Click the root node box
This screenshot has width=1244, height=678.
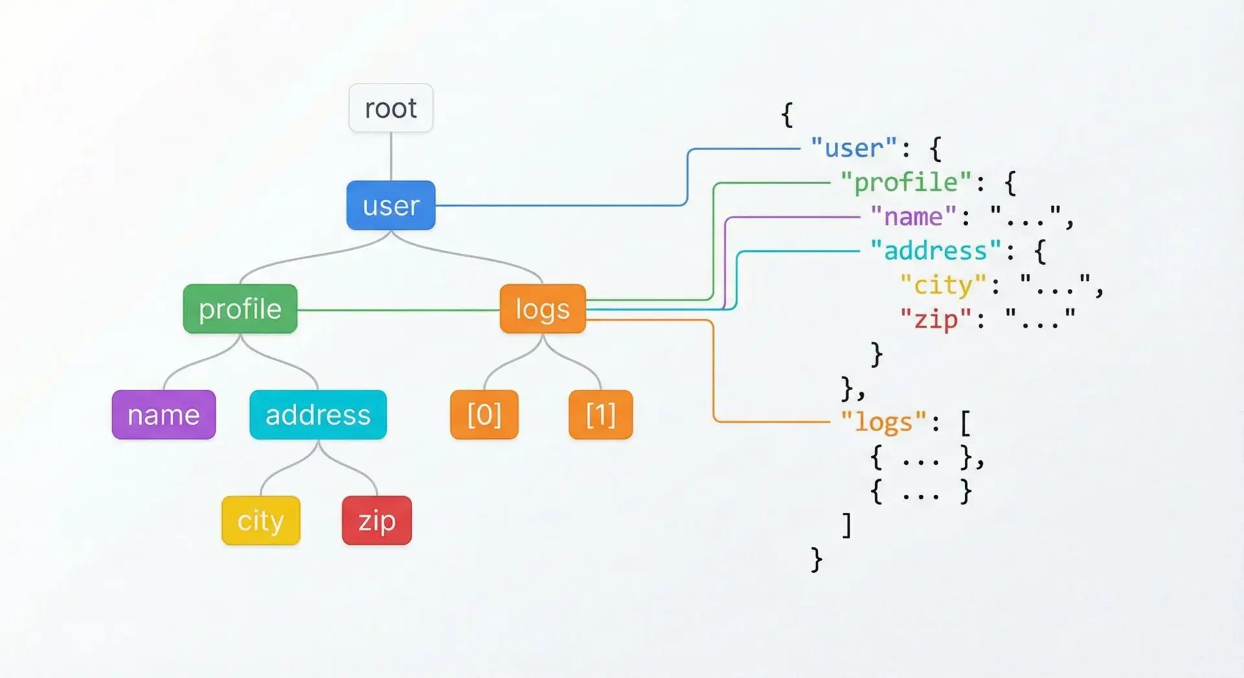point(391,108)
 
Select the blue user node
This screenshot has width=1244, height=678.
point(391,205)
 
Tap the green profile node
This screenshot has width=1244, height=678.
point(240,309)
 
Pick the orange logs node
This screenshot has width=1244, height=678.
point(542,309)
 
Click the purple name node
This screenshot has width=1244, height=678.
point(163,414)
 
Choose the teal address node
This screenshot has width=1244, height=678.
point(317,414)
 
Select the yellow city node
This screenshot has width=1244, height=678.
point(260,520)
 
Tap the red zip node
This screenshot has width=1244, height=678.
point(376,520)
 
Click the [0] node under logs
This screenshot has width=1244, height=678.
point(484,414)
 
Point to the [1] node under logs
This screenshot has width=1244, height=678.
point(601,414)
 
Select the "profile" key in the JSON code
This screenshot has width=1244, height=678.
point(906,183)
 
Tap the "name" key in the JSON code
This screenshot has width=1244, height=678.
point(913,216)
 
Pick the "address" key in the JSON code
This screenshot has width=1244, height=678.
point(935,251)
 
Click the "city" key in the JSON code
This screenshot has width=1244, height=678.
point(943,285)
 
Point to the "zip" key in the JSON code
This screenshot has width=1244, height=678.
point(935,319)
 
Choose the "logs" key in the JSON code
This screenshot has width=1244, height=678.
point(884,422)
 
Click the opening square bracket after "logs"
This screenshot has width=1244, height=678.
point(965,424)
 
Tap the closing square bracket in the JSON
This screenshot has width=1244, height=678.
point(847,525)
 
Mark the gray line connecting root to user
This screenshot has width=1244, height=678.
point(391,157)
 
